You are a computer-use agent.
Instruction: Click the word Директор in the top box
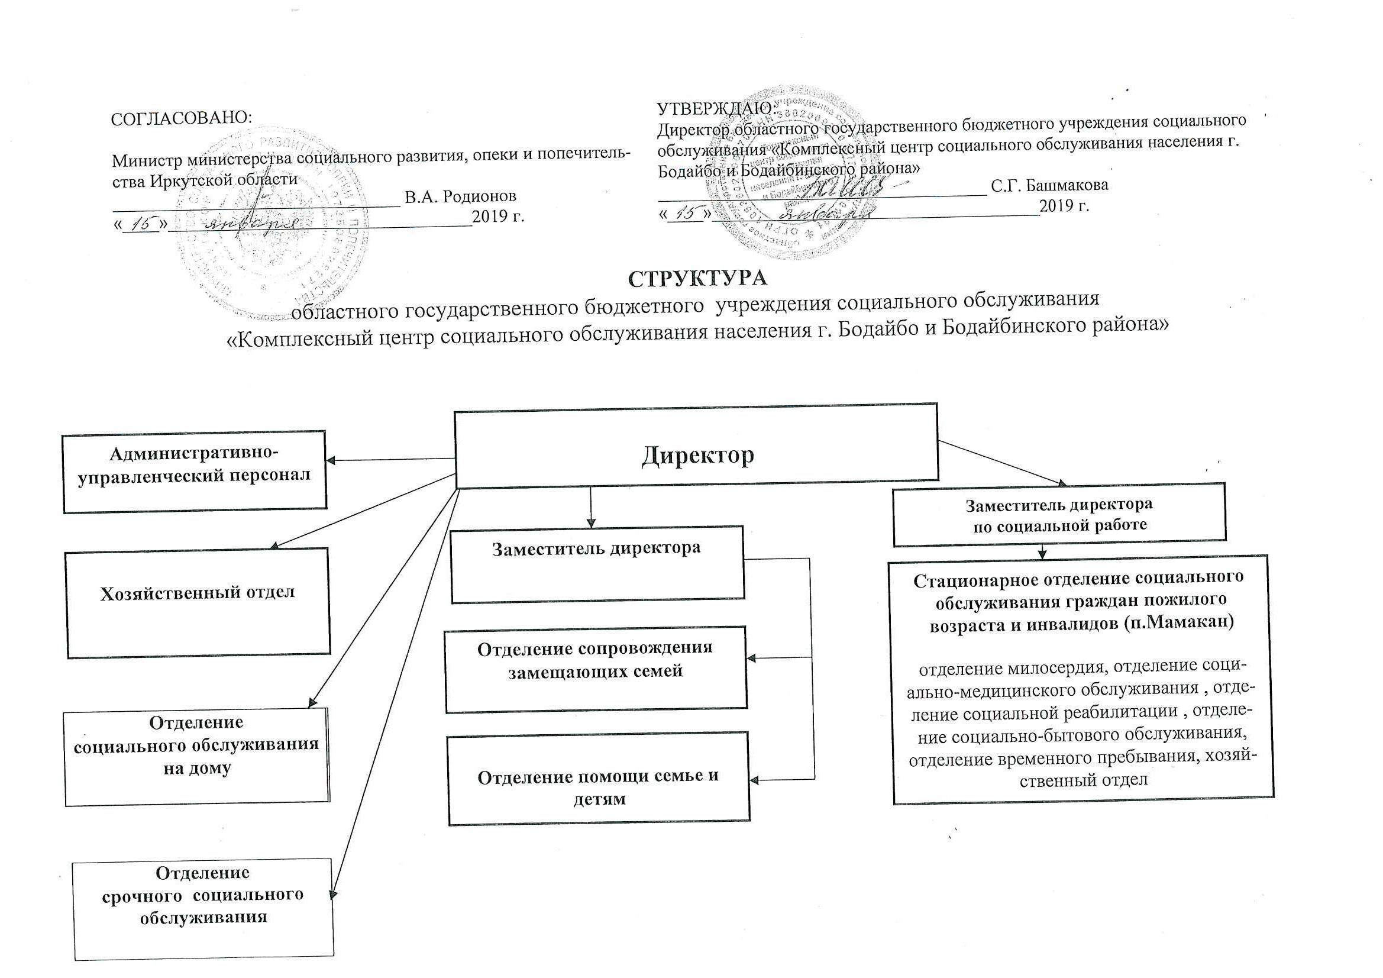(697, 455)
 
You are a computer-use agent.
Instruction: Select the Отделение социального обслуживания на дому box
(197, 757)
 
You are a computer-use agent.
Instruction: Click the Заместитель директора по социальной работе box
(1059, 514)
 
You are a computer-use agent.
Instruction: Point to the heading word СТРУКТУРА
(698, 278)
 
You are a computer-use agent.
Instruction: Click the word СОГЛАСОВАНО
(182, 118)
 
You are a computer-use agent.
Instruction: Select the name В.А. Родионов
(460, 196)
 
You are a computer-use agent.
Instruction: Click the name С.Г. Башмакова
(1049, 185)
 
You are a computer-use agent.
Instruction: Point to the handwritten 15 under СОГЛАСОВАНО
(140, 224)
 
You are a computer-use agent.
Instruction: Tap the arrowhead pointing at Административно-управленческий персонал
(331, 461)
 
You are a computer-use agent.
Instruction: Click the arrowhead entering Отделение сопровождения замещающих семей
(751, 659)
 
